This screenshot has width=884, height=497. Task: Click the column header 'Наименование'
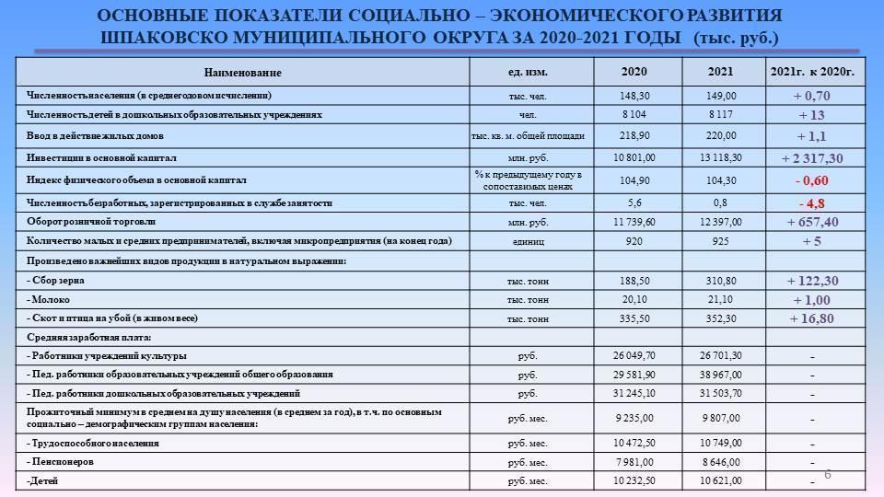coord(243,73)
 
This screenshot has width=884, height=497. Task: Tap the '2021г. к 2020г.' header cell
coord(811,72)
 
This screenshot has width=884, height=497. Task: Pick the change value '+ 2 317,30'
coord(811,158)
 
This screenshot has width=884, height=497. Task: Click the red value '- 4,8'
coord(811,202)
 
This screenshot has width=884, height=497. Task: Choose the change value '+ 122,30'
coord(811,281)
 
